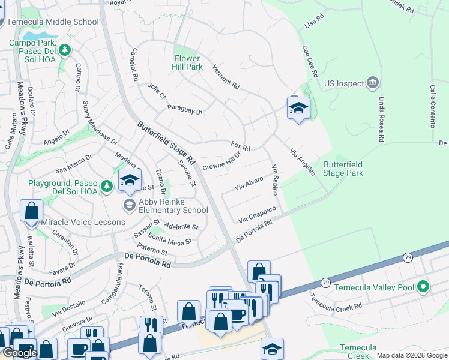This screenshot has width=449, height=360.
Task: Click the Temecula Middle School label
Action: click(52, 22)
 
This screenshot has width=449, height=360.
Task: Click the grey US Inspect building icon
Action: click(373, 82)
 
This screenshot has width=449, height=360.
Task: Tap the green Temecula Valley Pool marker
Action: click(424, 287)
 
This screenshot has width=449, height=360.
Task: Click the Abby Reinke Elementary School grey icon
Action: click(129, 205)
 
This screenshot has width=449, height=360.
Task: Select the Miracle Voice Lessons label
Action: click(83, 222)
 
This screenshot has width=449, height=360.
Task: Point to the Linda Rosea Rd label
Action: click(381, 119)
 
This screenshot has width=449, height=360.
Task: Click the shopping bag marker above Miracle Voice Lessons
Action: click(31, 212)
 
